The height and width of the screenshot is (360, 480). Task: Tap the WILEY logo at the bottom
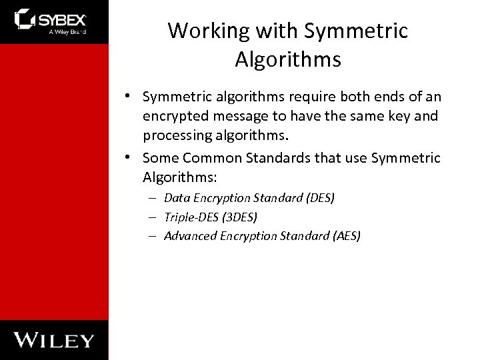(55, 339)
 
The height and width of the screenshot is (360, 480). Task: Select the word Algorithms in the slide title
(288, 60)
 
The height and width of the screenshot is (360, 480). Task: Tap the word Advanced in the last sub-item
(189, 235)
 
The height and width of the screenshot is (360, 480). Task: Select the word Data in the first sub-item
(176, 198)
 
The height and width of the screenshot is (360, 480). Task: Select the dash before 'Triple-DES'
(153, 217)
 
